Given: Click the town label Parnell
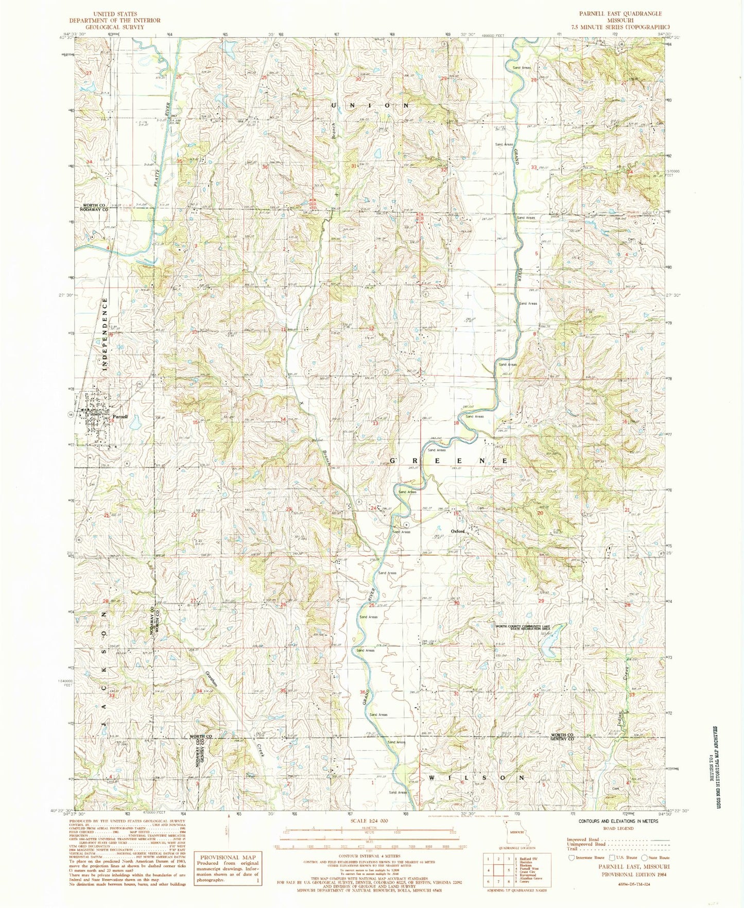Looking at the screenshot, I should click(120, 416).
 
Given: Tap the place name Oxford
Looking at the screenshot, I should click(458, 531).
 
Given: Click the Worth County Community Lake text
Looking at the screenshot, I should click(523, 627).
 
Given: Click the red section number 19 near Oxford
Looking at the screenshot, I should click(456, 513).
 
